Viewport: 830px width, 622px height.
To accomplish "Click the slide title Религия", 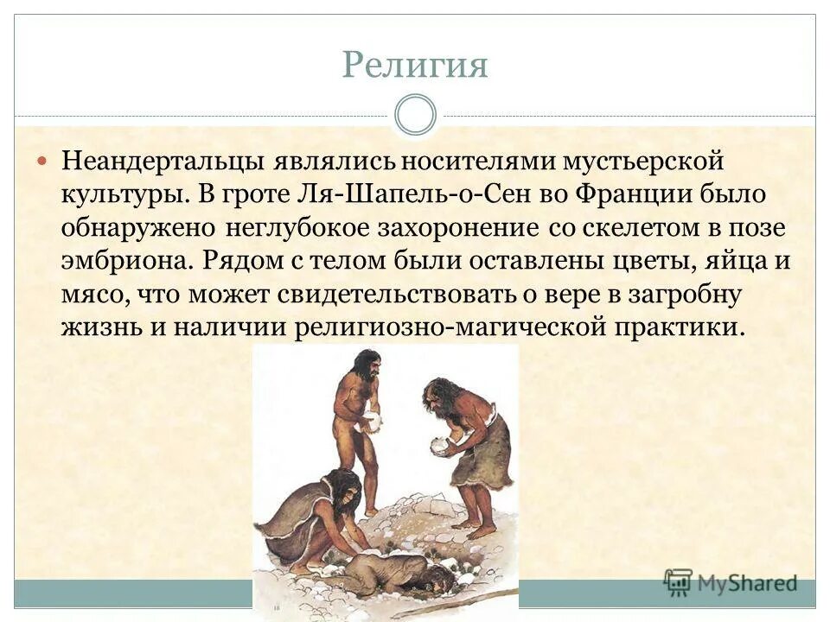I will (415, 66).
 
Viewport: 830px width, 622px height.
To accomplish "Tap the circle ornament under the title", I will (415, 115).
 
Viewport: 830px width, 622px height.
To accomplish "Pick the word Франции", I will (635, 194).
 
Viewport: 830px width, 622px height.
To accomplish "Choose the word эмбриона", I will (127, 261).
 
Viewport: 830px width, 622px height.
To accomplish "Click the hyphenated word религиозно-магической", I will (444, 327).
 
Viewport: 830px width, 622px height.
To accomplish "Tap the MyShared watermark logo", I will (731, 582).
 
